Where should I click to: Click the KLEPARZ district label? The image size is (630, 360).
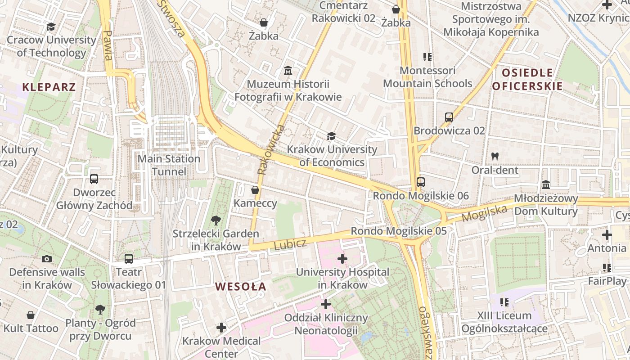tap(49, 87)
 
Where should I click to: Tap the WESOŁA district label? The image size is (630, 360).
tap(240, 286)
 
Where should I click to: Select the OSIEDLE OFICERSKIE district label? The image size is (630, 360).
tap(527, 79)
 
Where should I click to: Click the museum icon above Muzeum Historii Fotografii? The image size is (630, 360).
tap(288, 71)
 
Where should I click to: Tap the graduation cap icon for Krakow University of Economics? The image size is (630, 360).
tap(331, 136)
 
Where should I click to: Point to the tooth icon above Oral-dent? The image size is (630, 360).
tap(495, 157)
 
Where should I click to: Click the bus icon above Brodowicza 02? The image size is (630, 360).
tap(449, 117)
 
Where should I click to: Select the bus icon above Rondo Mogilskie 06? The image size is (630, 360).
tap(420, 182)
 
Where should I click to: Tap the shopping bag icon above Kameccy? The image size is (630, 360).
tap(255, 190)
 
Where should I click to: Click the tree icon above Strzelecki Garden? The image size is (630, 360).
tap(216, 220)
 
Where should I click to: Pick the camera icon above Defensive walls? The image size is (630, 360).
tap(47, 259)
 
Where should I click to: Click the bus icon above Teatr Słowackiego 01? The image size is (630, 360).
tap(129, 259)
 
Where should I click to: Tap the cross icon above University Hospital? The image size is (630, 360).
tap(342, 259)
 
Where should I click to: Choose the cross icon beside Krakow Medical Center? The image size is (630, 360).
tap(221, 327)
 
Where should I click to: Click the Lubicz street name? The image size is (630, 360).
tap(290, 244)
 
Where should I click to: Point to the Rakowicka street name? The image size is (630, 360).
tap(271, 149)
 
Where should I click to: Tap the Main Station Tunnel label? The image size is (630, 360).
tap(169, 165)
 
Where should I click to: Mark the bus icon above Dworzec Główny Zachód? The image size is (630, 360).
tap(94, 179)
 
